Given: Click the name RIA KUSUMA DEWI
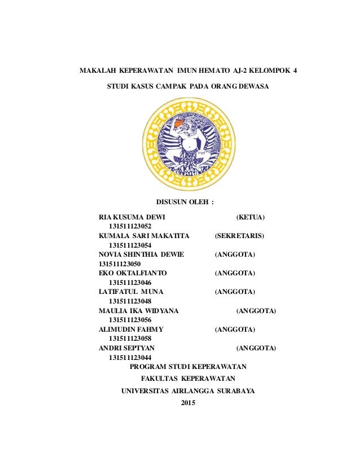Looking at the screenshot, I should tap(131, 217).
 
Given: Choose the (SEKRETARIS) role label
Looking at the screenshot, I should tap(239, 235).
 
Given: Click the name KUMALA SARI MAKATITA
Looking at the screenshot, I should tap(144, 235).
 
